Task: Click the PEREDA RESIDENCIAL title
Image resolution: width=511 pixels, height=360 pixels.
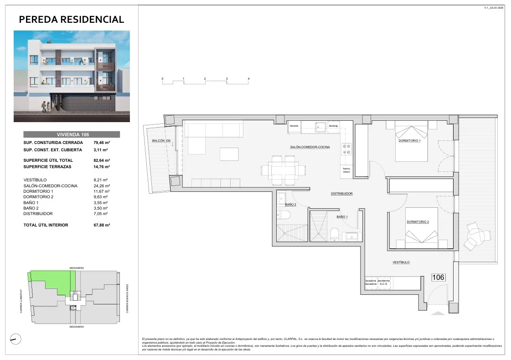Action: point(72,19)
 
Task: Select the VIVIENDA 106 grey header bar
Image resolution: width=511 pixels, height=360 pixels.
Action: point(72,134)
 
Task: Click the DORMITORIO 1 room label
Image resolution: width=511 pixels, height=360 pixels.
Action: point(409,140)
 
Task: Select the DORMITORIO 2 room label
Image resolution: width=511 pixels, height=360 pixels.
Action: point(418,222)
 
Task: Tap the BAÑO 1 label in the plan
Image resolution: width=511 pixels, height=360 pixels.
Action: point(342,216)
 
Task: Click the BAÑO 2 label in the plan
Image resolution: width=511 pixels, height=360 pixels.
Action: point(290,205)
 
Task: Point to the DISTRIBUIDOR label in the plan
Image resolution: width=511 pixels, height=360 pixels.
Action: point(341,194)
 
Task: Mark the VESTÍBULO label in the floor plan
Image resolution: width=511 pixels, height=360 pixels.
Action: point(401,262)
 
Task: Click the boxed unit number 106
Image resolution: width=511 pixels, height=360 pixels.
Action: point(438,278)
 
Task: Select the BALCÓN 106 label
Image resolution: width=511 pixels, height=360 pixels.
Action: point(161,141)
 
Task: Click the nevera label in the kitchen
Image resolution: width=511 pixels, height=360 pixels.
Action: point(294,126)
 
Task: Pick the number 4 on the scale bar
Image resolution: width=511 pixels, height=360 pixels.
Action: point(248,79)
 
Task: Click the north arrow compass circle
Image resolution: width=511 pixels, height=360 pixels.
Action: point(15,339)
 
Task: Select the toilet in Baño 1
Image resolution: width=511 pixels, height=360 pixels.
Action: point(335,235)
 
